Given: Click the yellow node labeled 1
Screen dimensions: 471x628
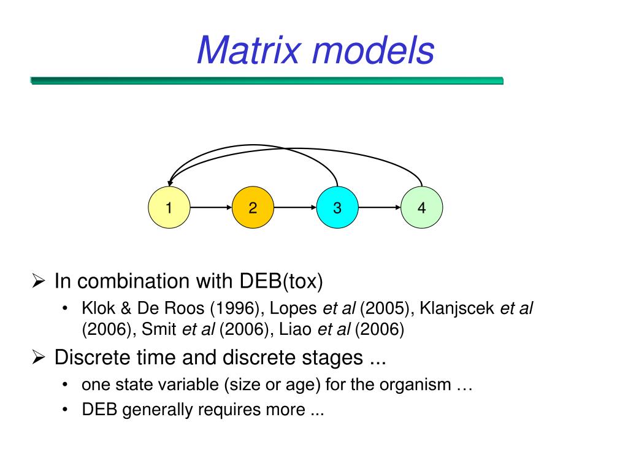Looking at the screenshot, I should pos(169,208).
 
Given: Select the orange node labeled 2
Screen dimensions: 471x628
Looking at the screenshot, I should pos(253,208).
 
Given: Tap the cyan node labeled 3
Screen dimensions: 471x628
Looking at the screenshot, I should pos(337,208).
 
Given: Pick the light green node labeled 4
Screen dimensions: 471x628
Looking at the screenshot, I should pos(421,208).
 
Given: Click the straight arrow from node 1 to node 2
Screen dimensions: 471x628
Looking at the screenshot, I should pos(210,208).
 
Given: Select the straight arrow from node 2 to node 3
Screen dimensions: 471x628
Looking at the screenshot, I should pos(295,208).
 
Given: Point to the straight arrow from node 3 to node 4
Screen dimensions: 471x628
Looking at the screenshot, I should pos(379,208).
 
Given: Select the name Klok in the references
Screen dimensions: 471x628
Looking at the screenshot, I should pos(94,308).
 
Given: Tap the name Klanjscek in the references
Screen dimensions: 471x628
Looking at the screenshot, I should pos(457,308).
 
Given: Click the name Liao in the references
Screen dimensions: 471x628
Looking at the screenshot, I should pos(296,330).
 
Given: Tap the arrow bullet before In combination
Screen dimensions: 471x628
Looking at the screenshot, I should pos(38,282).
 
